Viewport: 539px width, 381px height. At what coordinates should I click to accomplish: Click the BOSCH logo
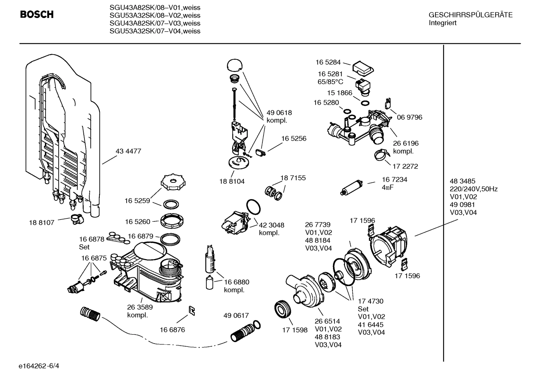[37, 15]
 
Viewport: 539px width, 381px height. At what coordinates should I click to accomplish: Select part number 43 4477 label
[128, 151]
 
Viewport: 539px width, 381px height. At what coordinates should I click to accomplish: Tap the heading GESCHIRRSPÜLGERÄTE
[470, 15]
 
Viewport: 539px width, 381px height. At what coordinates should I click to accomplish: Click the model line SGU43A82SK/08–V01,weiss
[155, 7]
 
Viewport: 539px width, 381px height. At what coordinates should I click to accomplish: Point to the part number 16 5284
[328, 62]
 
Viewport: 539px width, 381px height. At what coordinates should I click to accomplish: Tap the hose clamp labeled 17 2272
[379, 155]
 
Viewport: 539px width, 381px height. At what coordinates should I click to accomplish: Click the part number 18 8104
[232, 181]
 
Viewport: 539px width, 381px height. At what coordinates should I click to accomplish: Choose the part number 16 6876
[172, 330]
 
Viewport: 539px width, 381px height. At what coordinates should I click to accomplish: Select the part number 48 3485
[462, 181]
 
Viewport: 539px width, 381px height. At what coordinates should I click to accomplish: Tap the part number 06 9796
[409, 117]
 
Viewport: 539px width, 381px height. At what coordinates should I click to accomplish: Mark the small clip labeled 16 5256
[261, 152]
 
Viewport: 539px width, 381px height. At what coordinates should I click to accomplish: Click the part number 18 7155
[293, 178]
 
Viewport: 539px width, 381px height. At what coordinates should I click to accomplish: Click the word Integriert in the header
[443, 23]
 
